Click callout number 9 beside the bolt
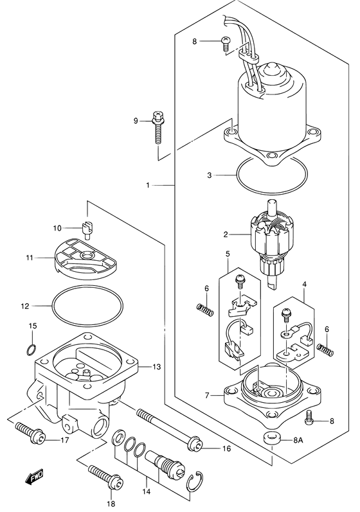pyautogui.click(x=136, y=121)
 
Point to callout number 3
pyautogui.click(x=209, y=174)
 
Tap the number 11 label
pyautogui.click(x=29, y=258)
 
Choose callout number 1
pyautogui.click(x=147, y=186)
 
